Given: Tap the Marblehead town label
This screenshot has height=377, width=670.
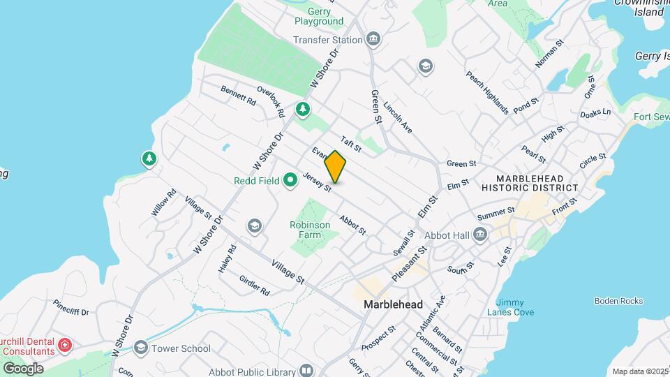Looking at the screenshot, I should pos(393,305).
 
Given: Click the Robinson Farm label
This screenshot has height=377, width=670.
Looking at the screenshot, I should pos(310,230).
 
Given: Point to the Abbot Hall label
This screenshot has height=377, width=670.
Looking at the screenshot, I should pos(450,235).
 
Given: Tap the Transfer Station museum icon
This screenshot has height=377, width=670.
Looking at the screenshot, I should pos(373,39).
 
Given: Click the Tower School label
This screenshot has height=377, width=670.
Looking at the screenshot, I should pos(181,348).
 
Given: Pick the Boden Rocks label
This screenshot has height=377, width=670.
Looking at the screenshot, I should pos(618,301).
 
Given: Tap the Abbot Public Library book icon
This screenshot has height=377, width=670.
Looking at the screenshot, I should pos(306,370).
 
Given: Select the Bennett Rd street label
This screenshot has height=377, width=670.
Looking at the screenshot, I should pos(238,96).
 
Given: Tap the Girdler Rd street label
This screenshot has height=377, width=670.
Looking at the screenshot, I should pos(254,285).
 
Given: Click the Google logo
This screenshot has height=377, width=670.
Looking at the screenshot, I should pos(23,369).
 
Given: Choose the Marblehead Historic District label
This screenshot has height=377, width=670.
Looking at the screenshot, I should pos(530,182).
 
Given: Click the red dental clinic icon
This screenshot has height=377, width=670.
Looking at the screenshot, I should pos(65,345).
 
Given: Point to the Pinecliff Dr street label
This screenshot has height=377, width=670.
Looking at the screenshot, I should pos(71,308).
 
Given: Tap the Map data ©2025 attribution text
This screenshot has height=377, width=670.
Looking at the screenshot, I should pos(639,371).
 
